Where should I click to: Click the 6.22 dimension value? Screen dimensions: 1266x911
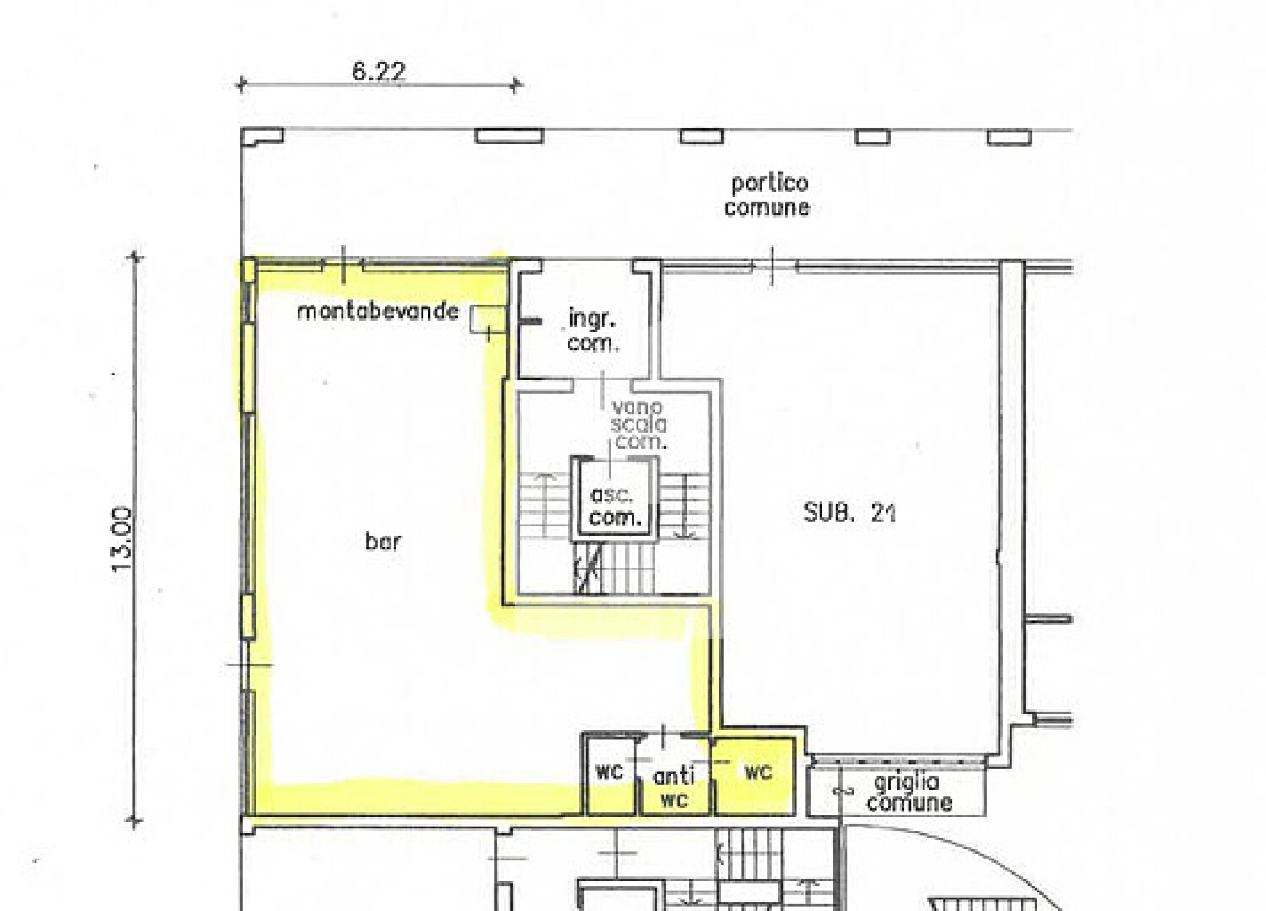point(379,71)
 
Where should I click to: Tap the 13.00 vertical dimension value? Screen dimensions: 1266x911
point(121,540)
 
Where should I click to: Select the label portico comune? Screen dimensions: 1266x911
point(767,196)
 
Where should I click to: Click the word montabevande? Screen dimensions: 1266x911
point(378,311)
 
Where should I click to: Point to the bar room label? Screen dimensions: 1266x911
point(383,542)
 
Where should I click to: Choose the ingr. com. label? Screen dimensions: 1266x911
point(593,332)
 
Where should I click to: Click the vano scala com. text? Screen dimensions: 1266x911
point(638,424)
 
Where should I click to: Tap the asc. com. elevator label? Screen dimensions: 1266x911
point(614,506)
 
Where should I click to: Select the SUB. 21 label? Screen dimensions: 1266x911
point(849,513)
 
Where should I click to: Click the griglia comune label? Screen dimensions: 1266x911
point(909,793)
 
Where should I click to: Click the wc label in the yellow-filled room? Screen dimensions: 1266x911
point(758,772)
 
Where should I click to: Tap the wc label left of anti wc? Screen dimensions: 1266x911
point(609,772)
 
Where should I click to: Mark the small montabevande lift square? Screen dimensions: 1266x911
point(488,319)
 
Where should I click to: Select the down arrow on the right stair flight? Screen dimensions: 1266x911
point(685,506)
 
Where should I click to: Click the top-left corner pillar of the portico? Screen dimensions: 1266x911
point(262,136)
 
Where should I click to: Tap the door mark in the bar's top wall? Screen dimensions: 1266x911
point(343,265)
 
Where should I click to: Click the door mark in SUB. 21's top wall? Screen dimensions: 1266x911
point(773,267)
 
